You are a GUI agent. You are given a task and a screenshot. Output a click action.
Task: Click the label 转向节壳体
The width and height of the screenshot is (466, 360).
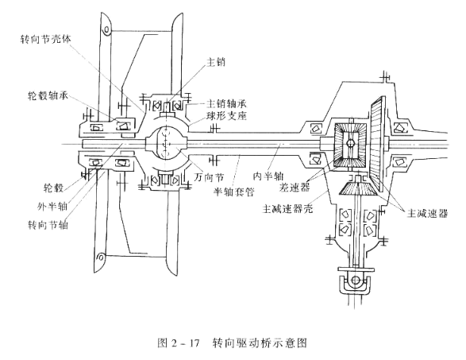(45, 39)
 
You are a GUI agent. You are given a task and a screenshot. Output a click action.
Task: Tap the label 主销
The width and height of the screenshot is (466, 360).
(216, 62)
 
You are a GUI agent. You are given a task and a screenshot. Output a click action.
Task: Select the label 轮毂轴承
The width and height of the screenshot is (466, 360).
(48, 96)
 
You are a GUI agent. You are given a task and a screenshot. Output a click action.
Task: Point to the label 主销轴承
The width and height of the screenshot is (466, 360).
(226, 104)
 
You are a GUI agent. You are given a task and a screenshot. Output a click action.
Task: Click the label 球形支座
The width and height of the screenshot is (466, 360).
(226, 116)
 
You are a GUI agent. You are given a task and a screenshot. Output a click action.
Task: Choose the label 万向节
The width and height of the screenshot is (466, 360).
(209, 178)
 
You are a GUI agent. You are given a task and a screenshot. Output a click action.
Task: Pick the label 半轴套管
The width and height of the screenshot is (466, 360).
(234, 192)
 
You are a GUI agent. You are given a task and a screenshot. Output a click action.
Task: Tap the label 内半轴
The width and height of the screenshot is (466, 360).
(268, 176)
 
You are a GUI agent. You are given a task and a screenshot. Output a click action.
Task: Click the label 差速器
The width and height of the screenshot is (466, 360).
(295, 188)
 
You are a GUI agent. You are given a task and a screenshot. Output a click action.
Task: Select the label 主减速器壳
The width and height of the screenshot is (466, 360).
(287, 208)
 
